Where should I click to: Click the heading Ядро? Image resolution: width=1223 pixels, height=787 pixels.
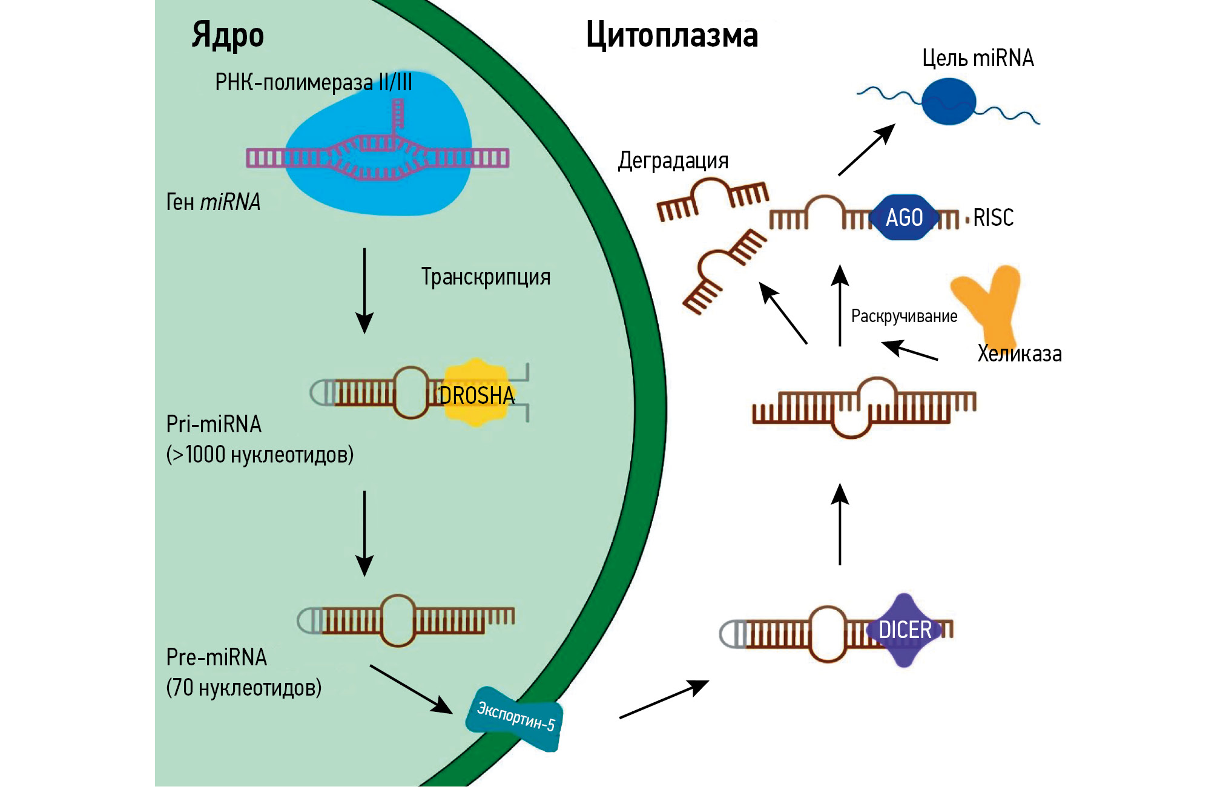click(228, 35)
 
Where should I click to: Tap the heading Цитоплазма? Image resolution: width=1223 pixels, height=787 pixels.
click(672, 35)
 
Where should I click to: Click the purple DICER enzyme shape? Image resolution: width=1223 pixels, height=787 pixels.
click(905, 630)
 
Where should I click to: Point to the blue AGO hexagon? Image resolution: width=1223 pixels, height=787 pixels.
click(904, 217)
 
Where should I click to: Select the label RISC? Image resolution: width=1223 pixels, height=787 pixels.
click(993, 217)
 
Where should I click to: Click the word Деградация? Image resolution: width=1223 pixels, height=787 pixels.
click(673, 161)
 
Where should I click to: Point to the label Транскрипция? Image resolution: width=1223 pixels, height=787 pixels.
click(486, 277)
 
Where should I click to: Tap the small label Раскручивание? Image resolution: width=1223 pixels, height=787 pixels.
click(904, 316)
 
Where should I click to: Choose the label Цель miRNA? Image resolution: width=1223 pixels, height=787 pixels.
click(978, 58)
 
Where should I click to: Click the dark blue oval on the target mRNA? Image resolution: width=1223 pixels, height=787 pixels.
click(949, 102)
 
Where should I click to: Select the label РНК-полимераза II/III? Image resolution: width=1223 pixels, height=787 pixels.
click(314, 82)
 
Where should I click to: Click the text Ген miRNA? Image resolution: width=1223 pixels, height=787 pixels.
click(213, 202)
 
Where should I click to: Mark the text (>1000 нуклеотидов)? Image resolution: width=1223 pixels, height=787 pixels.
click(260, 455)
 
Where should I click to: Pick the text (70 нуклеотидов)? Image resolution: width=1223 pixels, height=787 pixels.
click(243, 688)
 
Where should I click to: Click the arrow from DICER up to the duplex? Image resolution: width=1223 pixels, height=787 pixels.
click(840, 524)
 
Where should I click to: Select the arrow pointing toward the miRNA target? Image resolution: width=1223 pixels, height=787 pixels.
click(866, 150)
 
